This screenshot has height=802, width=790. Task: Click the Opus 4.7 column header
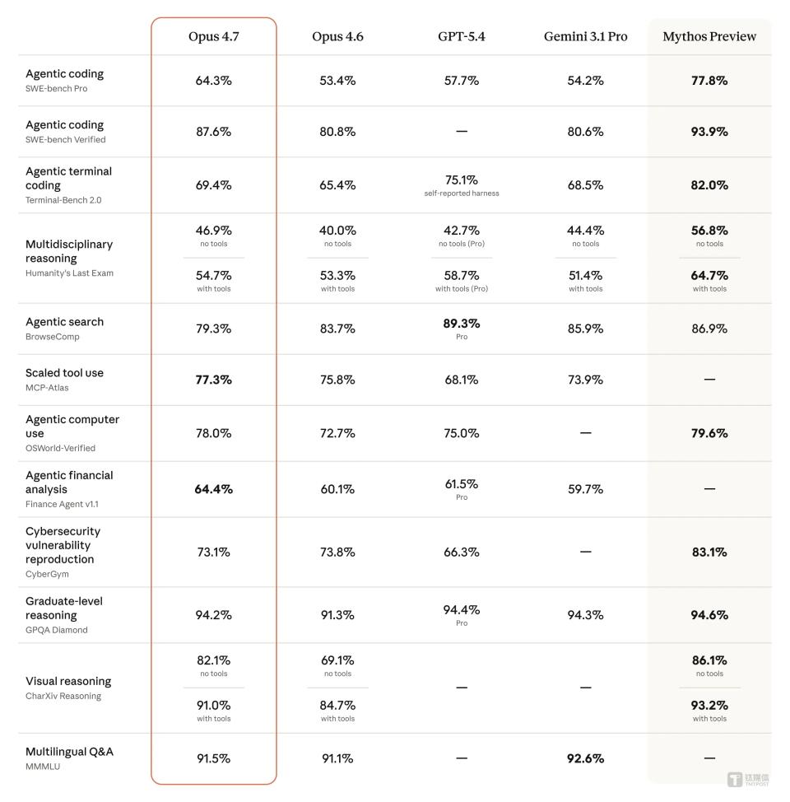214,36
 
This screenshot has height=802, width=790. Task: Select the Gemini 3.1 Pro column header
585,36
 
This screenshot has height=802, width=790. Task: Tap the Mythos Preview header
709,36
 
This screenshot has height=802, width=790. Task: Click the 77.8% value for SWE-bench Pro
709,81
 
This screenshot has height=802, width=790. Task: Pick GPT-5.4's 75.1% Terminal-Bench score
461,180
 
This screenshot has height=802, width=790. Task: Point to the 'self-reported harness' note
461,194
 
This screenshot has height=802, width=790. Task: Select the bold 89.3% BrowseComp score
461,324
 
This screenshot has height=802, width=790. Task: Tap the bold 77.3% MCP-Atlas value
214,380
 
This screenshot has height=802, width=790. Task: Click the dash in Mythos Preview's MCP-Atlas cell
709,380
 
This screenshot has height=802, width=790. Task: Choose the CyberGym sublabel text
47,574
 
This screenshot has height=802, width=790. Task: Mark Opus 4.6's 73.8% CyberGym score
337,552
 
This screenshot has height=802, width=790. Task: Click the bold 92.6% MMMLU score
585,758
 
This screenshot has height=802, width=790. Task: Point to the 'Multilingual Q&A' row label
70,752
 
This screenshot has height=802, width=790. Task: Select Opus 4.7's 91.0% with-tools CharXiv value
214,706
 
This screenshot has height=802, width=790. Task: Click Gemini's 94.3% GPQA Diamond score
585,615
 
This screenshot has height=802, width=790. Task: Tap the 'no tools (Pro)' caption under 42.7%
461,244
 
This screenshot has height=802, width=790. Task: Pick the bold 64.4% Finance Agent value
214,489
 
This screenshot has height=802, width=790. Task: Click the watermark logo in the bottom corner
748,780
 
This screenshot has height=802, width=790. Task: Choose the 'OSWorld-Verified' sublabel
60,448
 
